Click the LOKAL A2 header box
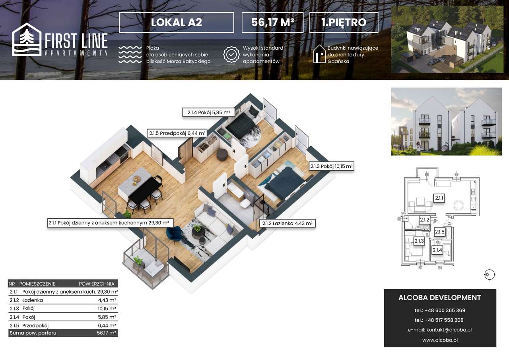176,22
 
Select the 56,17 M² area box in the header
272,22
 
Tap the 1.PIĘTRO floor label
344,22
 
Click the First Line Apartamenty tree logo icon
27,39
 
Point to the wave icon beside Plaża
130,54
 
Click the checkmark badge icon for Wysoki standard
231,54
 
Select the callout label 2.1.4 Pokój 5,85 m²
208,113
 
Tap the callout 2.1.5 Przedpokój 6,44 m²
177,133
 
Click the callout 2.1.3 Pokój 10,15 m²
332,166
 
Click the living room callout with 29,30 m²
109,223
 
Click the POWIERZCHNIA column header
97,284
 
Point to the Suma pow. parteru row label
33,333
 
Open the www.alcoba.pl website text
440,340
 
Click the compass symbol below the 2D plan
489,274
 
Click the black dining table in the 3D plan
145,189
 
